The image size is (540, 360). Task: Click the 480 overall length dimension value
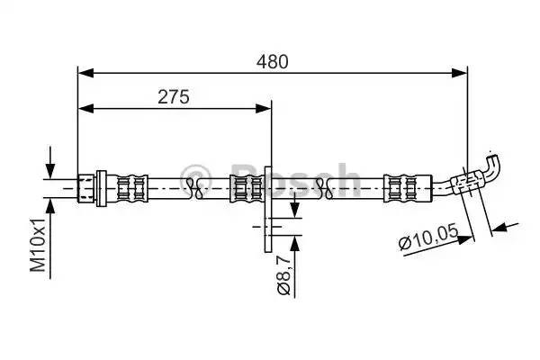click(272, 61)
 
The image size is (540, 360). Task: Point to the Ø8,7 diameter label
click(283, 275)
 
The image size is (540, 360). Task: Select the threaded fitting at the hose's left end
click(91, 187)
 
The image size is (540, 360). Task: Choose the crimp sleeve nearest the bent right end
click(398, 187)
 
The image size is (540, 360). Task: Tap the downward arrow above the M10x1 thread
click(50, 170)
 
